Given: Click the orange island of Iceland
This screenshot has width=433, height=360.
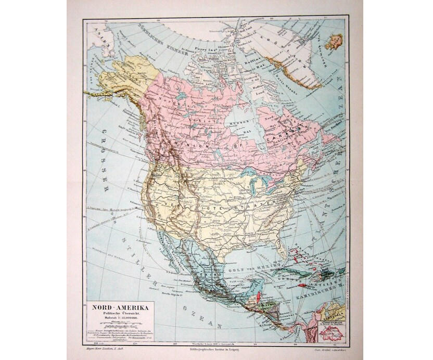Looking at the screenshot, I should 334,41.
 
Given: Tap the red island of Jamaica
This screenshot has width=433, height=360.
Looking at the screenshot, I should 303,285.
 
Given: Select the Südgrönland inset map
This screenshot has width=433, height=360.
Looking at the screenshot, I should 332,329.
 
